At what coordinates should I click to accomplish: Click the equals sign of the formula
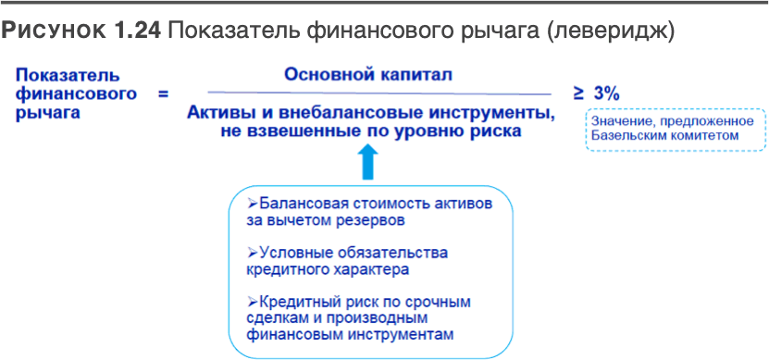click(x=163, y=93)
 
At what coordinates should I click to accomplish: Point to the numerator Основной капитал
click(x=369, y=75)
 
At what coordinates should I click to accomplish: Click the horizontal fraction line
click(x=379, y=93)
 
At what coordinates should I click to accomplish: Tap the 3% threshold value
click(x=607, y=93)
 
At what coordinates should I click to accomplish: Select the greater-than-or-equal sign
click(x=578, y=93)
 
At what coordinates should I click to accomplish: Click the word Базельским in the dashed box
click(x=625, y=136)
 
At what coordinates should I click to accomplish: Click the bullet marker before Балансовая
click(x=252, y=204)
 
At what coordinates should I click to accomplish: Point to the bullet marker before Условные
click(x=252, y=253)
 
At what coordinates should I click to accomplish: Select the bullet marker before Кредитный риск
click(x=252, y=302)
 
